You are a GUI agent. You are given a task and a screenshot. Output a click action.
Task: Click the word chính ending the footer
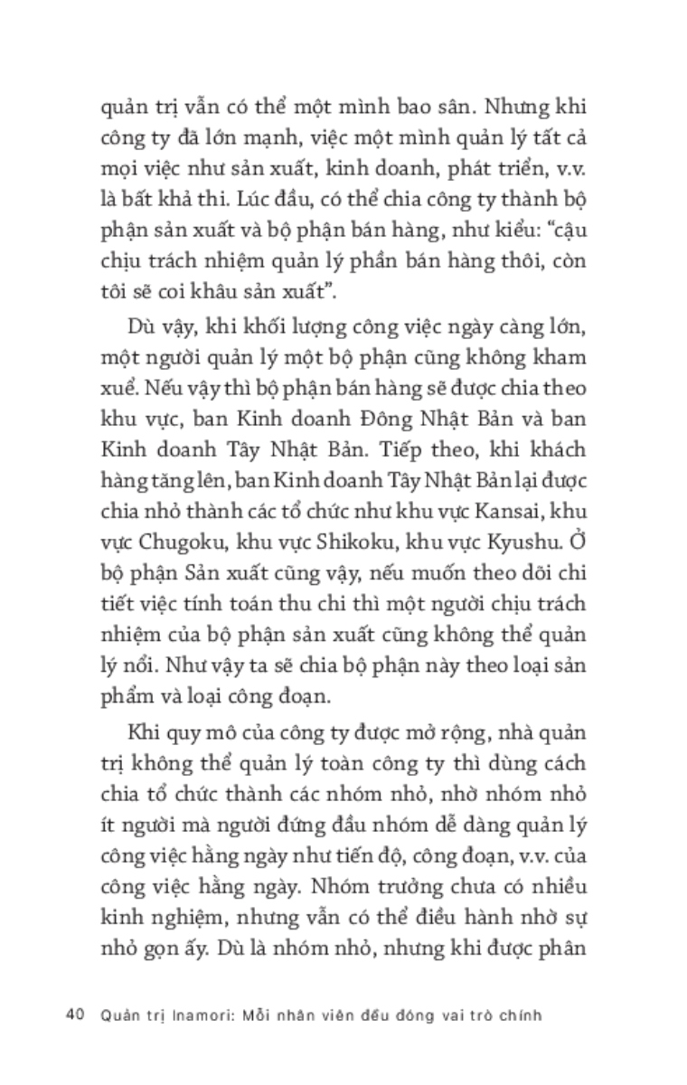tap(518, 1014)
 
